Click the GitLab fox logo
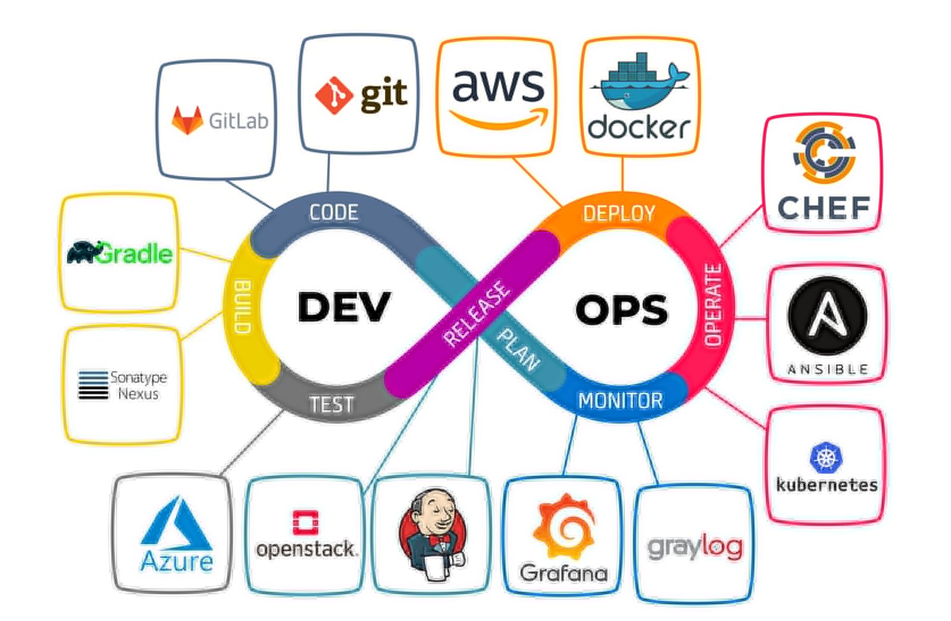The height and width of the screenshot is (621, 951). click(x=187, y=120)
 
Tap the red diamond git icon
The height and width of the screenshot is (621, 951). click(x=334, y=95)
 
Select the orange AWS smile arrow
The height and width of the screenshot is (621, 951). click(x=499, y=119)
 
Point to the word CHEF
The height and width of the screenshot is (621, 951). click(x=824, y=208)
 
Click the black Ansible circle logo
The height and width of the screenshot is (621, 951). click(x=827, y=316)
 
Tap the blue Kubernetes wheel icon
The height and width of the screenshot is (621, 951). click(x=826, y=458)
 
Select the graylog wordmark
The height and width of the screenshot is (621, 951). click(x=695, y=547)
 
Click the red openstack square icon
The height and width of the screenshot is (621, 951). click(x=306, y=522)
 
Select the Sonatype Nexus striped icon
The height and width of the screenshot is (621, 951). click(x=93, y=385)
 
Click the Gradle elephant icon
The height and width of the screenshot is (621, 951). click(x=83, y=253)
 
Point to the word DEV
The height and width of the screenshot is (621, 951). click(x=344, y=307)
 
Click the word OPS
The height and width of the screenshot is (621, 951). click(x=621, y=310)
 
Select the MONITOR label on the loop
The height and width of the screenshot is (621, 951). click(x=620, y=401)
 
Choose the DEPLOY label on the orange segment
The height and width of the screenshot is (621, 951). click(x=619, y=213)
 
